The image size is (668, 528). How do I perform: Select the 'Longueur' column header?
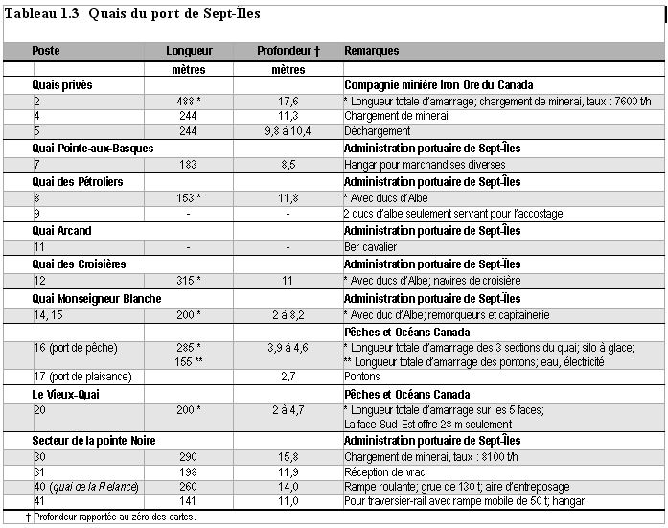pos(189,51)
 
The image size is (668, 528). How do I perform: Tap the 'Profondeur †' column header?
pos(288,51)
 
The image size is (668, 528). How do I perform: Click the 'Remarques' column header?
pos(372,51)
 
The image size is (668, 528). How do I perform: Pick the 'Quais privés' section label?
pos(62,85)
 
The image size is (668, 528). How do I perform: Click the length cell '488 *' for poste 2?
pos(189,101)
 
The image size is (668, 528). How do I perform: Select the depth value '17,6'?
pos(288,101)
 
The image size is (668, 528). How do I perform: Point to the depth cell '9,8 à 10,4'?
pos(288,131)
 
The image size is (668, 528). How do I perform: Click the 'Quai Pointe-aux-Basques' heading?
pos(93,149)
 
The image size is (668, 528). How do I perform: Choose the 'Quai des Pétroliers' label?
pos(78,181)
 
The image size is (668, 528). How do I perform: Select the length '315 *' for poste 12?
pos(189,281)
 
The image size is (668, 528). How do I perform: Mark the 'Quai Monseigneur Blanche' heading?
pos(97,298)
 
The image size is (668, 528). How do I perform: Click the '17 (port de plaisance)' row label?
pos(82,377)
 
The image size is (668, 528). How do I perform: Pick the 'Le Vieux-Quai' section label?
pos(66,394)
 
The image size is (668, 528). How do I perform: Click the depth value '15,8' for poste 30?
pos(288,457)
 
